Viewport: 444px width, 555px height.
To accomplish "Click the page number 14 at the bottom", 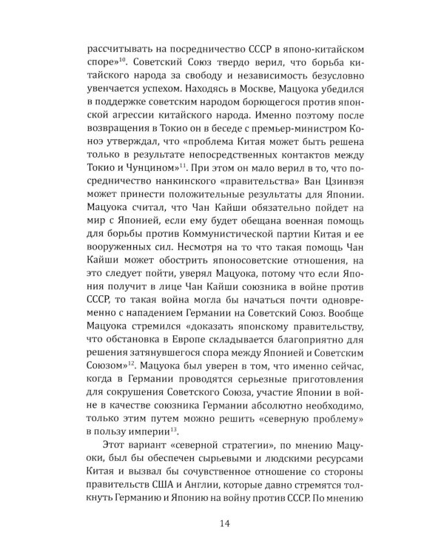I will click(222, 505).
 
